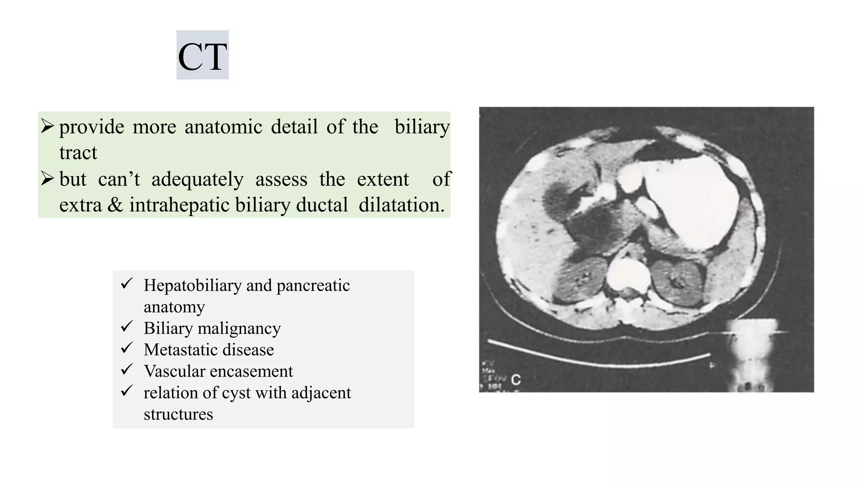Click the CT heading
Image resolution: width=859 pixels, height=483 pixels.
click(202, 56)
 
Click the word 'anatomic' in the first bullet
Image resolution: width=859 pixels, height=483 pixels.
click(223, 127)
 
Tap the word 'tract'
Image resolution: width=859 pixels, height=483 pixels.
click(78, 153)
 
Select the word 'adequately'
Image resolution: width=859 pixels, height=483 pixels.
click(197, 179)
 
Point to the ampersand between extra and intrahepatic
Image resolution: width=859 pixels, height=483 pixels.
click(115, 205)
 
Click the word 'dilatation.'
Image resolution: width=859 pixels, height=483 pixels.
click(401, 205)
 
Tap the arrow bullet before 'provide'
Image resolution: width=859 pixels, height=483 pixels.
click(47, 126)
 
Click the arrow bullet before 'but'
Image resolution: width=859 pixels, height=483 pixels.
click(47, 179)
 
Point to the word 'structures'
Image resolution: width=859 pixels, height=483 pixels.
click(178, 414)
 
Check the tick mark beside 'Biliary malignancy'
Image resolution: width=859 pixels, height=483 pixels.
click(127, 327)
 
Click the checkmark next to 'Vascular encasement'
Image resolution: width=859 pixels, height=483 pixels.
click(127, 369)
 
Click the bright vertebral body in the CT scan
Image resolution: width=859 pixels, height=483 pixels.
click(628, 275)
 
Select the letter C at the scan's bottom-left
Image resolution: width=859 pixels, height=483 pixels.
click(516, 380)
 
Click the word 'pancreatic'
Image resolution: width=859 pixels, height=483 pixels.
click(313, 286)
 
